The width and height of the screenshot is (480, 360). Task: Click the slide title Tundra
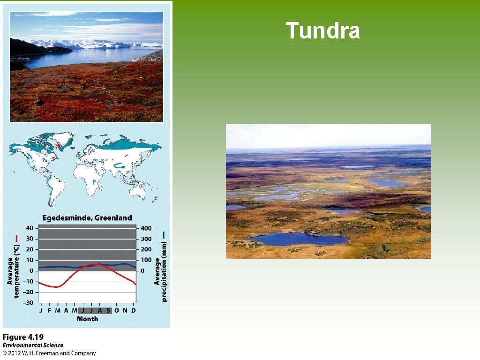tap(322, 31)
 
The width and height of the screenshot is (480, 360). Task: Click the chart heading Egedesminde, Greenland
tap(87, 218)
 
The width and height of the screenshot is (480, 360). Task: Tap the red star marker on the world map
tap(59, 146)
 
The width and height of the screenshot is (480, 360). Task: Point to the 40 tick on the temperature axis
tap(30, 228)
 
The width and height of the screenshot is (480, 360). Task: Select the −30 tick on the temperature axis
tap(28, 303)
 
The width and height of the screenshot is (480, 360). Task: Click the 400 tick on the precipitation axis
tap(147, 228)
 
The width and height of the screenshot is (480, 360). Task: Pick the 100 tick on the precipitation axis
tap(147, 260)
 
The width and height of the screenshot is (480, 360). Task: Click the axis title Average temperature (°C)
tap(13, 264)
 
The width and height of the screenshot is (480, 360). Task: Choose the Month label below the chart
tap(88, 319)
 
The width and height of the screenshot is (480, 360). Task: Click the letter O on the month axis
tap(117, 310)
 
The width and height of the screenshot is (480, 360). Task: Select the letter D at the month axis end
tap(133, 310)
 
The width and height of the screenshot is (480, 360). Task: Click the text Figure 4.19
tap(23, 337)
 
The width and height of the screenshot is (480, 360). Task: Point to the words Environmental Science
tap(32, 345)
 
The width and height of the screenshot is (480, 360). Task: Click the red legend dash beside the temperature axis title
tap(16, 238)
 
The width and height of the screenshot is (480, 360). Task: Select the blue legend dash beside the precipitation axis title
tap(164, 234)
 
